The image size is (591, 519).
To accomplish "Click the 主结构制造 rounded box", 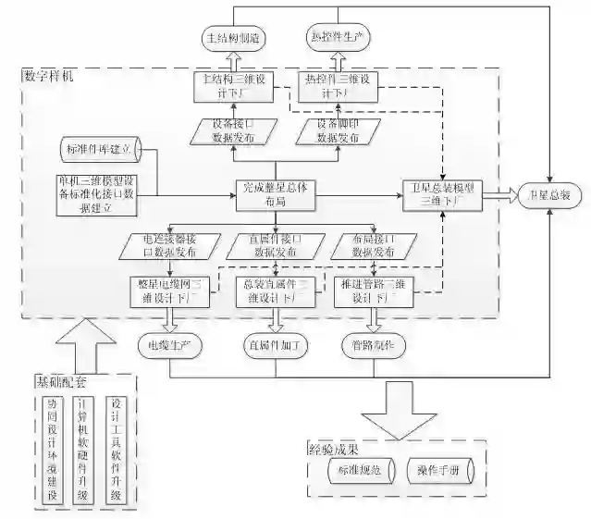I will [x=235, y=39].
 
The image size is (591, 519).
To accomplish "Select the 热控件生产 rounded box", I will [x=338, y=39].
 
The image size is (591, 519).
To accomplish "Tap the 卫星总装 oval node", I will [x=548, y=195].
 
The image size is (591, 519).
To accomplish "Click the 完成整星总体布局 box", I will [x=275, y=193].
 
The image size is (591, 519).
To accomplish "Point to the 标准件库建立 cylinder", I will [x=99, y=148].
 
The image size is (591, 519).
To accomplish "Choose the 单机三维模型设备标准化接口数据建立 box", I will [x=97, y=194].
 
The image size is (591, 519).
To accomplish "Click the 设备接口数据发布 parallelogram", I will [x=234, y=131].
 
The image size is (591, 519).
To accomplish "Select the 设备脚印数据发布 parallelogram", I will [x=338, y=131].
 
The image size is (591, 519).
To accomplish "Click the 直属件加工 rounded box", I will [x=275, y=346].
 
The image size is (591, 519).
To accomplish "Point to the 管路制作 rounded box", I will [x=374, y=346].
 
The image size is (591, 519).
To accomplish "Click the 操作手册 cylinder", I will [x=439, y=471].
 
